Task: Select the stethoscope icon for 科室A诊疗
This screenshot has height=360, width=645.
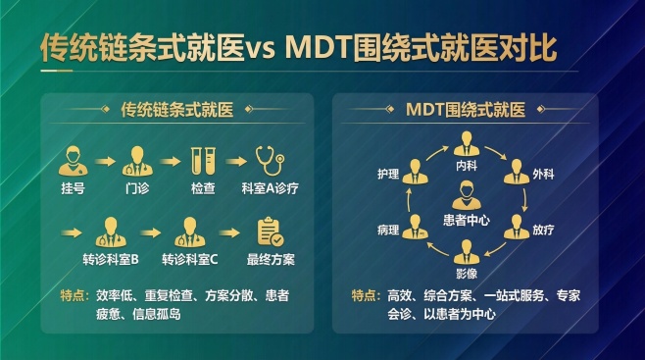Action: (269, 160)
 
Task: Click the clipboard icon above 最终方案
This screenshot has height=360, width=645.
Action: (271, 233)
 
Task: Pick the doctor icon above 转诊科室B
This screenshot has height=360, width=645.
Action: (109, 233)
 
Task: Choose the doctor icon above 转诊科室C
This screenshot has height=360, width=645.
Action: (189, 233)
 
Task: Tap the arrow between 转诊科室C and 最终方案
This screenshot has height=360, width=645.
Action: (230, 233)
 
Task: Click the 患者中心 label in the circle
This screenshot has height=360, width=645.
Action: (467, 221)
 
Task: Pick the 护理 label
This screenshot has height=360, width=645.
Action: (389, 175)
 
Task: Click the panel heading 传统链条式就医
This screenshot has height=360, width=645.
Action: (175, 110)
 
